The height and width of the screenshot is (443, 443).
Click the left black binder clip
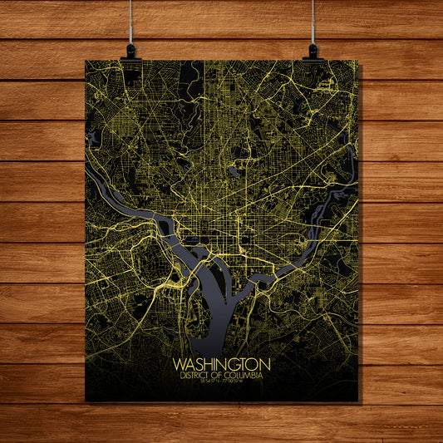pos(130,52)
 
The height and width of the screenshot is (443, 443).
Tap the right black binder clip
pos(313,52)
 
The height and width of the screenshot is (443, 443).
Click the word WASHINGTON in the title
pos(221,365)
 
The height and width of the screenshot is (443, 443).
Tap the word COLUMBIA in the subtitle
pos(245,376)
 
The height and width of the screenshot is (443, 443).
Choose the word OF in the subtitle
pos(222,376)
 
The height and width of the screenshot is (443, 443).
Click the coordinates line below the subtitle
pos(221,383)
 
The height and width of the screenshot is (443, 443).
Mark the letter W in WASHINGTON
pos(178,365)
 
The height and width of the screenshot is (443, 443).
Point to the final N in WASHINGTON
pos(265,365)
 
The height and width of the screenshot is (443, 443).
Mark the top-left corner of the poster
pos(86,61)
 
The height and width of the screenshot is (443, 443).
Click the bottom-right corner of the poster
pos(358,401)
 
